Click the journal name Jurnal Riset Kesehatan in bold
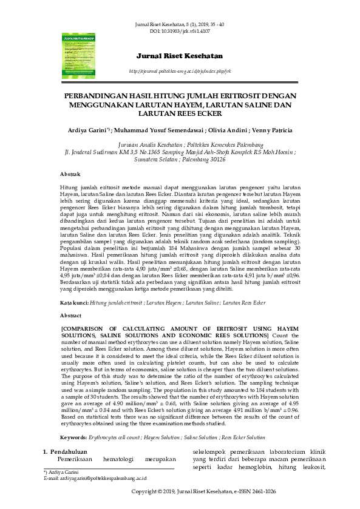point(180,57)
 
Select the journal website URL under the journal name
point(180,72)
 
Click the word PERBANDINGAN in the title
point(100,96)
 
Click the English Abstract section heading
point(70,316)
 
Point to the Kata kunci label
point(74,302)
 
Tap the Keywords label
point(75,437)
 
